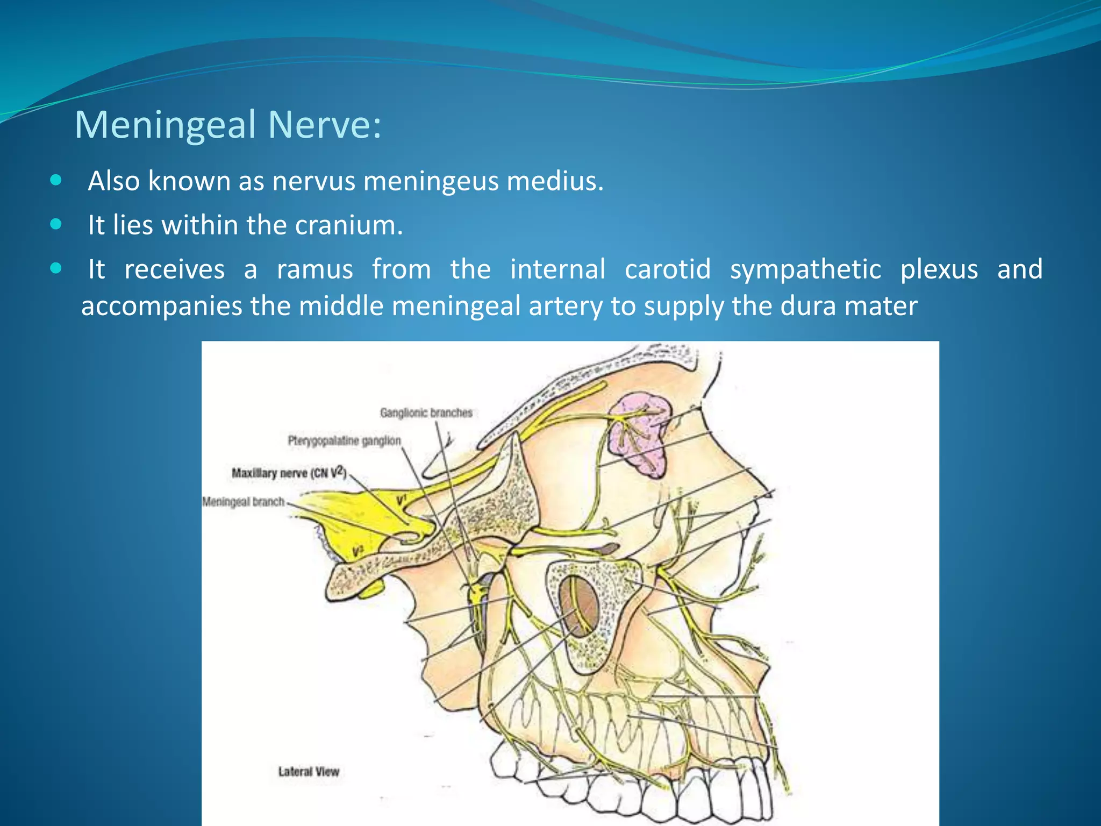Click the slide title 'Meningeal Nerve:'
coord(228,125)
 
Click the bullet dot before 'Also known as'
coord(56,180)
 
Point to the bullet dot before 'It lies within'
coord(56,224)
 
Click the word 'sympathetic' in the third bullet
coord(805,269)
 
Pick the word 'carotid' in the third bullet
coord(668,269)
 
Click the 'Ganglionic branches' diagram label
coord(426,413)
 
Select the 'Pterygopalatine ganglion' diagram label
coord(344,441)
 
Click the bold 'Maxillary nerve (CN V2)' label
coord(289,473)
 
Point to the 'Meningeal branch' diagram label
coord(243,502)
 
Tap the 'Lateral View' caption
coord(309,772)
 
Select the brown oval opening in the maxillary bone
coord(578,607)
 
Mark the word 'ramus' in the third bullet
coord(314,269)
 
